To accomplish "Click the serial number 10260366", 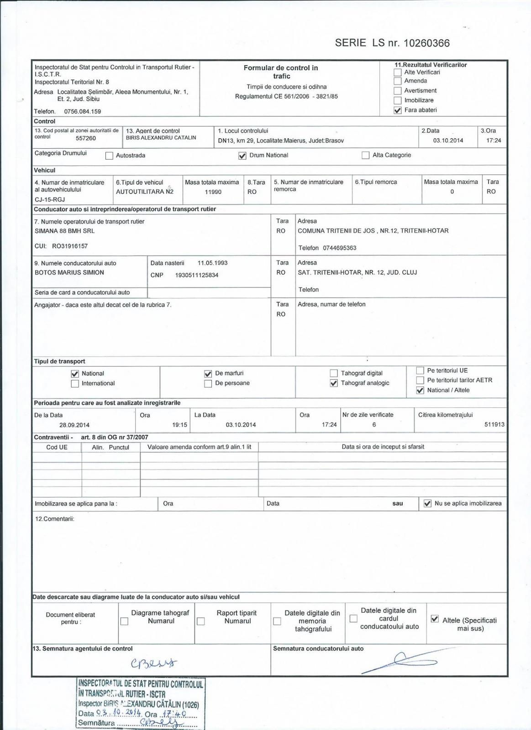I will tap(427, 43).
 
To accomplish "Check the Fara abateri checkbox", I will tap(398, 110).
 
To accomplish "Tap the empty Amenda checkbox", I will tap(398, 81).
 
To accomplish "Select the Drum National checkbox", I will tap(242, 156).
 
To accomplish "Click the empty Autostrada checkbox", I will tap(109, 156).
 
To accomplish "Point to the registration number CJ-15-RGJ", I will tap(50, 199).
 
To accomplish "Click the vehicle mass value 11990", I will tap(213, 192).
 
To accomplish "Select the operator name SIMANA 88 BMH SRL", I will tap(65, 231).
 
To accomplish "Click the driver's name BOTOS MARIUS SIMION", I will tap(69, 272).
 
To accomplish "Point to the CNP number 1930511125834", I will tap(197, 275).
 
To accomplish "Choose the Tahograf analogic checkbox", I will tap(334, 383).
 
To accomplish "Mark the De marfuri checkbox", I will tap(208, 374).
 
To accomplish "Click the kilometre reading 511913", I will tap(494, 424).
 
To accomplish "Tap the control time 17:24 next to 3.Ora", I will tap(494, 141).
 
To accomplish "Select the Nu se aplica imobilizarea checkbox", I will tap(427, 504).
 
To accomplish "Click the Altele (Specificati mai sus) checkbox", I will tap(435, 619).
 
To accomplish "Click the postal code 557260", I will tap(86, 138).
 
